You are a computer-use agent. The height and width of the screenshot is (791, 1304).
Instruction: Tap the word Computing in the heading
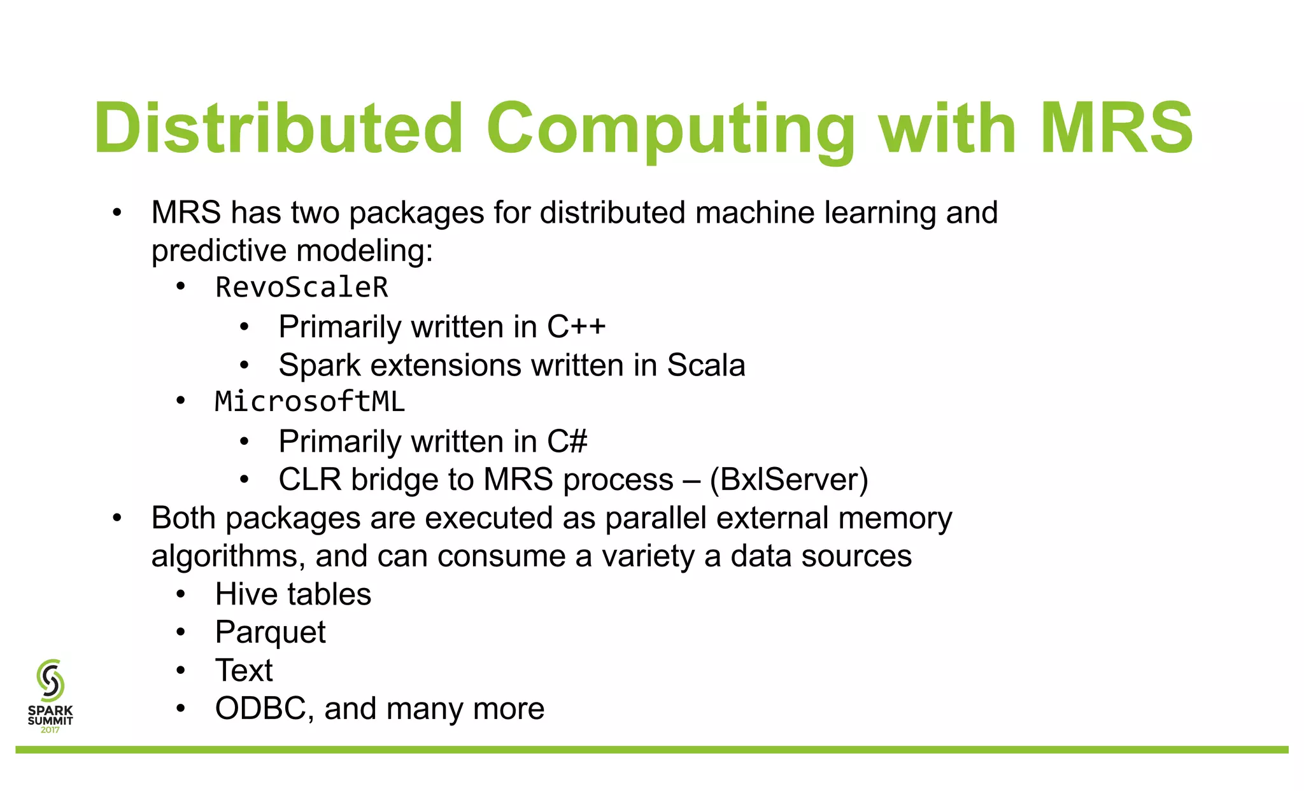pyautogui.click(x=671, y=129)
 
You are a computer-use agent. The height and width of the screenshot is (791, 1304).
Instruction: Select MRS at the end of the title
pyautogui.click(x=1117, y=129)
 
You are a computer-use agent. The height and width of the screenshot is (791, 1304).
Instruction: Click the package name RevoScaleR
pyautogui.click(x=302, y=288)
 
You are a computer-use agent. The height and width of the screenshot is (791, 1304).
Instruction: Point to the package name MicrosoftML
pyautogui.click(x=310, y=402)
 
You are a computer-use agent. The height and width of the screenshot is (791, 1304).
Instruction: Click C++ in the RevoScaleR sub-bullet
pyautogui.click(x=576, y=327)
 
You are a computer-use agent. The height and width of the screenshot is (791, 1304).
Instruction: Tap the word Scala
pyautogui.click(x=705, y=365)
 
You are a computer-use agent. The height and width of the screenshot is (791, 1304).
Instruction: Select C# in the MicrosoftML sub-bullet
pyautogui.click(x=567, y=442)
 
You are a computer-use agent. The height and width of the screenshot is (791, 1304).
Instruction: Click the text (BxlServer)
pyautogui.click(x=789, y=480)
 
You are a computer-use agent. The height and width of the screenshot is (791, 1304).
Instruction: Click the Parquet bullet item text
pyautogui.click(x=270, y=633)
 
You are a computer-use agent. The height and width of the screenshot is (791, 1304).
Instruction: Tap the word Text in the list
pyautogui.click(x=244, y=671)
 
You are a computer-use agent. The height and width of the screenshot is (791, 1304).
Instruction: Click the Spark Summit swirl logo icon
pyautogui.click(x=50, y=680)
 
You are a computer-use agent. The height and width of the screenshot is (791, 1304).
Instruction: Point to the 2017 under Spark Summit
pyautogui.click(x=50, y=730)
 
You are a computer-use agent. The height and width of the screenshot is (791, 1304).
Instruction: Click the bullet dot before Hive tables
pyautogui.click(x=181, y=595)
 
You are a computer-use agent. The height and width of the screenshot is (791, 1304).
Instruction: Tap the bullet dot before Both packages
pyautogui.click(x=117, y=519)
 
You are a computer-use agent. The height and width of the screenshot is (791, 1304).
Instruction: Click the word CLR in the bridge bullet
pyautogui.click(x=309, y=480)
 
